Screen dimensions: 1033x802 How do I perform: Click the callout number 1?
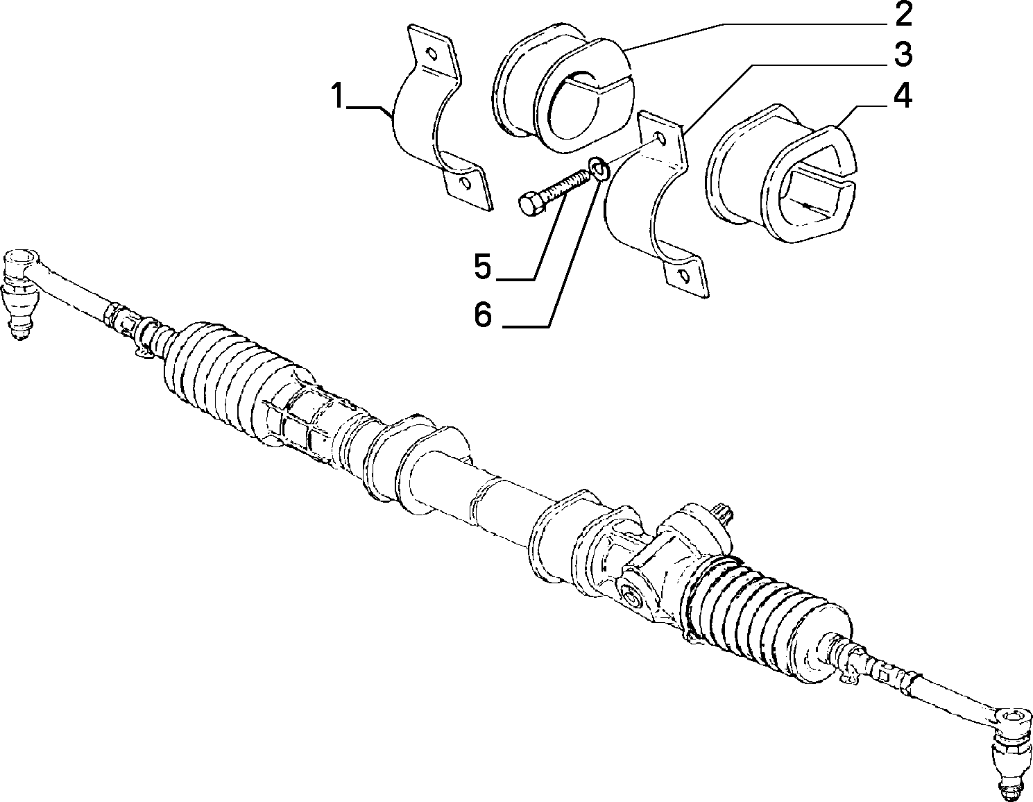338,95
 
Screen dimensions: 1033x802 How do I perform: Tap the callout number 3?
901,55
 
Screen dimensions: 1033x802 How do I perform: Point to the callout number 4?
901,96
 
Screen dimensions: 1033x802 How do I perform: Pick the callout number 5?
483,267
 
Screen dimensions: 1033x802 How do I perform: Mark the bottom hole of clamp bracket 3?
683,276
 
